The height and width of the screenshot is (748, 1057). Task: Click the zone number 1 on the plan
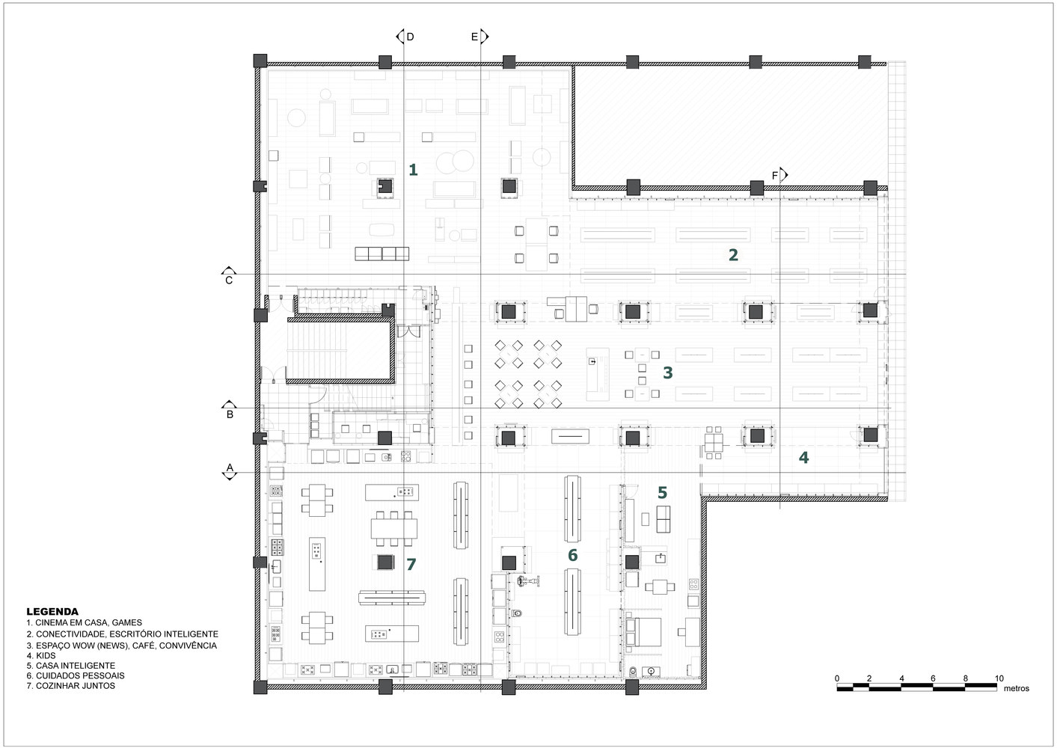tap(413, 171)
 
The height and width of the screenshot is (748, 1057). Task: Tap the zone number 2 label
tap(733, 255)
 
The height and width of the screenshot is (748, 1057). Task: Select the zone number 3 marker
tap(667, 373)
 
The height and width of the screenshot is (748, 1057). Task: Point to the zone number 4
tap(803, 458)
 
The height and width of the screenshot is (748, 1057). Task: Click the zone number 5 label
tap(662, 493)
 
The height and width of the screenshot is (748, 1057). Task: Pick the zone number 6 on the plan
tap(572, 555)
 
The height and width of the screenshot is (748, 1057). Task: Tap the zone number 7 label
tap(411, 565)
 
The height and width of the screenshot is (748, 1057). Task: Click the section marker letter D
tap(410, 37)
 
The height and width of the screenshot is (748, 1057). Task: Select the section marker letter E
tap(474, 37)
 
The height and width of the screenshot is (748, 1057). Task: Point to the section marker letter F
tap(775, 176)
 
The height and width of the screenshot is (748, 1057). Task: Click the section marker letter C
tap(229, 280)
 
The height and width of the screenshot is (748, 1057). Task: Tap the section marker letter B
tap(230, 414)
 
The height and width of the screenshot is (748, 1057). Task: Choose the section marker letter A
tap(230, 468)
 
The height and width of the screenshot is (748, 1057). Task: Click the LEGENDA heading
tap(52, 611)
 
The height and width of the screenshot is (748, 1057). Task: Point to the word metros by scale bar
tap(1016, 688)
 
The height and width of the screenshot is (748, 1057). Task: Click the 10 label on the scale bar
tap(999, 678)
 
